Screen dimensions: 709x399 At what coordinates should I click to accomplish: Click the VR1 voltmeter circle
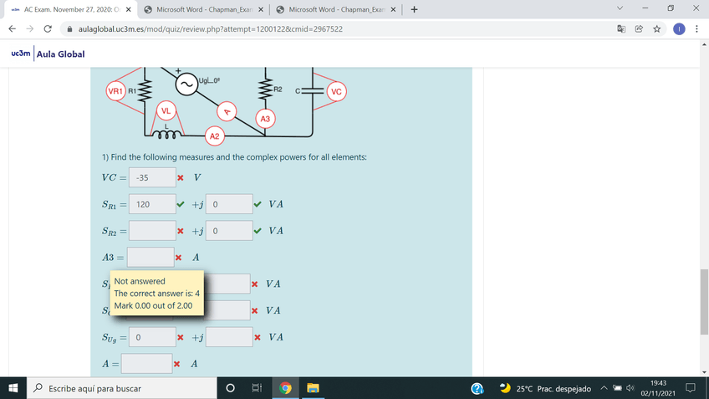[x=115, y=91]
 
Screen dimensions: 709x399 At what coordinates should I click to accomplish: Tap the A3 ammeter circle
[x=265, y=119]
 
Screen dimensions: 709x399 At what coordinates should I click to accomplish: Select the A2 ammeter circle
[x=214, y=136]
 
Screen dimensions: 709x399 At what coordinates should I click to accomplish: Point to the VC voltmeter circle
[x=336, y=91]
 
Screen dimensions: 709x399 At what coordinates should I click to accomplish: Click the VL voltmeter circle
[x=166, y=110]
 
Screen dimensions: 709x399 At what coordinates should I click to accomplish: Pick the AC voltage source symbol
[x=186, y=84]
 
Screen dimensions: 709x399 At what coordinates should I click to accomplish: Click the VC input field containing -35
[x=152, y=177]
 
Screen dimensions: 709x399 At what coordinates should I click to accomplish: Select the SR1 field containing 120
[x=152, y=204]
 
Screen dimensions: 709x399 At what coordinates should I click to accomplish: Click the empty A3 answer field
[x=150, y=257]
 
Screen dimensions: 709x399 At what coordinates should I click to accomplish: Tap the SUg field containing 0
[x=152, y=337]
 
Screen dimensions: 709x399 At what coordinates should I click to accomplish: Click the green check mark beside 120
[x=181, y=204]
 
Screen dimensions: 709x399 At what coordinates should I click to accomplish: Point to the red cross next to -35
[x=181, y=178]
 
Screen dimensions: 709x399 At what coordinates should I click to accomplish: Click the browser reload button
[x=48, y=29]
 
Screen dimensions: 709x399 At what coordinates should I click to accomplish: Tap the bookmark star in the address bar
[x=657, y=29]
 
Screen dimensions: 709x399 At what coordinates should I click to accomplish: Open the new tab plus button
[x=414, y=9]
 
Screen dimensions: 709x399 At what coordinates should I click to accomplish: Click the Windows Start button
[x=13, y=388]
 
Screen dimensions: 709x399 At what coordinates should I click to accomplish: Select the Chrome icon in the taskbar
[x=285, y=388]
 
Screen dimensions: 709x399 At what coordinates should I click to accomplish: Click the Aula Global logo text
[x=60, y=54]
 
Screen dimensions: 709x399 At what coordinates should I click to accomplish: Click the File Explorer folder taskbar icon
[x=313, y=388]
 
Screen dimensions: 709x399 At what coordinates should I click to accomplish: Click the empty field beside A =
[x=146, y=364]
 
